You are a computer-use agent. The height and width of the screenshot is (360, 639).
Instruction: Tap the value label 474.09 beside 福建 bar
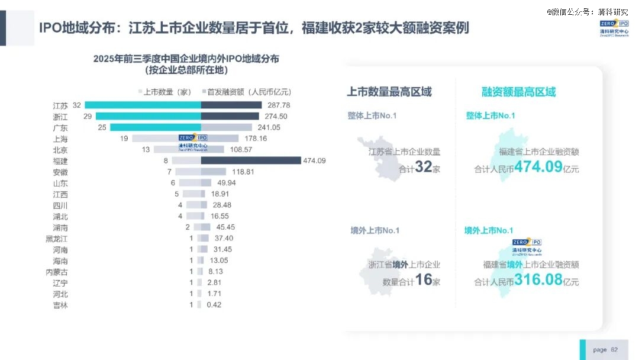[x=280, y=160]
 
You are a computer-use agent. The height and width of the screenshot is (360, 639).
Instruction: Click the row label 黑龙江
[x=57, y=238]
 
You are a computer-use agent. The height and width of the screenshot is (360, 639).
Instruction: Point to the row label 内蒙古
[x=57, y=272]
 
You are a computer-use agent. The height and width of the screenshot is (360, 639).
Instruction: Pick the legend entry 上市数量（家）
[x=165, y=92]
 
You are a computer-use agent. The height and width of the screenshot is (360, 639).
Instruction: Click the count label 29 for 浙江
[x=88, y=116]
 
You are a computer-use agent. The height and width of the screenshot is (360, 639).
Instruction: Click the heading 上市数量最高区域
[x=389, y=92]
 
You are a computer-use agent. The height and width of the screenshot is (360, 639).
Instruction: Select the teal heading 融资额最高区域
[x=518, y=92]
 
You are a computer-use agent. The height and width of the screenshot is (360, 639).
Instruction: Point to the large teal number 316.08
[x=538, y=279]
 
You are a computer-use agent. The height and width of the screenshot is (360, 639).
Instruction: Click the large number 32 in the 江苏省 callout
[x=424, y=167]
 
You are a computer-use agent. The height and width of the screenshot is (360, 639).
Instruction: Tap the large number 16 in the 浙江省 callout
[x=424, y=279]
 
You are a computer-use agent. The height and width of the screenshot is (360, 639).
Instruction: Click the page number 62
[x=614, y=350]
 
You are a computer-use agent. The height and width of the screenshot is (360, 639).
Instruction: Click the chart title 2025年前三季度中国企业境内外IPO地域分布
[x=186, y=59]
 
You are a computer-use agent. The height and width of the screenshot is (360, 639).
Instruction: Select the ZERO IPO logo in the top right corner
[x=614, y=27]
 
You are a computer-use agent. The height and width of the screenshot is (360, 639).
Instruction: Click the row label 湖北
[x=60, y=216]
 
